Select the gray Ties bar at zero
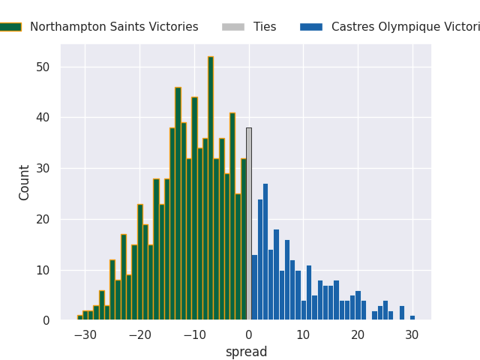point(249,224)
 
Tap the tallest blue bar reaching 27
point(265,252)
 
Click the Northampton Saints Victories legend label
point(114,27)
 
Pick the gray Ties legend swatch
point(232,27)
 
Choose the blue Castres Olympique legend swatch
point(311,27)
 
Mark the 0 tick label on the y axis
point(46,321)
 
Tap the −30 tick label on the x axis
point(85,335)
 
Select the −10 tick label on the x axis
point(194,335)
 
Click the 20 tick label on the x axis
point(358,335)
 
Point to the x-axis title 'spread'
point(246,352)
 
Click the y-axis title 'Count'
point(25,182)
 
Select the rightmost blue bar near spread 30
point(412,318)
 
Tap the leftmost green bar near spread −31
point(79,318)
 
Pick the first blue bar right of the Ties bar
point(254,288)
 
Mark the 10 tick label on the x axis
point(303,335)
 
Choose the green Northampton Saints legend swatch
point(10,27)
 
